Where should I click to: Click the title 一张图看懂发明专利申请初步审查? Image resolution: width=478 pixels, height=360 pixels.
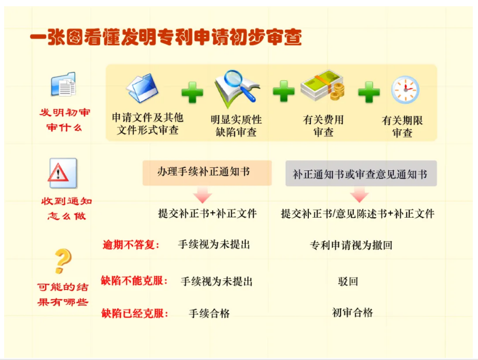(166, 37)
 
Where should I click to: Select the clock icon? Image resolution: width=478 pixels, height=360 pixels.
(405, 90)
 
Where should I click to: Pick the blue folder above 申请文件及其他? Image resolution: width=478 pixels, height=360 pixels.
(142, 88)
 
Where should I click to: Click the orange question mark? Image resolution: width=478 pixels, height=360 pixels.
(63, 261)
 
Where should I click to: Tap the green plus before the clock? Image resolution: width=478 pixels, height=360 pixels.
(369, 92)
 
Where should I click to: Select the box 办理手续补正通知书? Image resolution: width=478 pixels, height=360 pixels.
(207, 172)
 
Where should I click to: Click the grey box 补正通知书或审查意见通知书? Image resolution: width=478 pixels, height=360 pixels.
(361, 174)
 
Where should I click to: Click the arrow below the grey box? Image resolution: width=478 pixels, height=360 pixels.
(360, 195)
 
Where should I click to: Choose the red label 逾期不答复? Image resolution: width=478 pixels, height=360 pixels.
(131, 245)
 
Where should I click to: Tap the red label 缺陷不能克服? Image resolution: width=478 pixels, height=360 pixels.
(134, 281)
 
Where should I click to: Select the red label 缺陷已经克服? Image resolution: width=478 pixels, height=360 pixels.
(135, 313)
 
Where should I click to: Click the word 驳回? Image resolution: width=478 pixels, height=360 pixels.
(348, 281)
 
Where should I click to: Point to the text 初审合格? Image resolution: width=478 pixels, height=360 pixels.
(352, 313)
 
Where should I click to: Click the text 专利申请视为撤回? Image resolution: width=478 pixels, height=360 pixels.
(351, 245)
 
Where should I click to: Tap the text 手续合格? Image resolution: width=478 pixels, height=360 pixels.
(209, 313)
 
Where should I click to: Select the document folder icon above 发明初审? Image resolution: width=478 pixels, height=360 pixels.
(63, 84)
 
